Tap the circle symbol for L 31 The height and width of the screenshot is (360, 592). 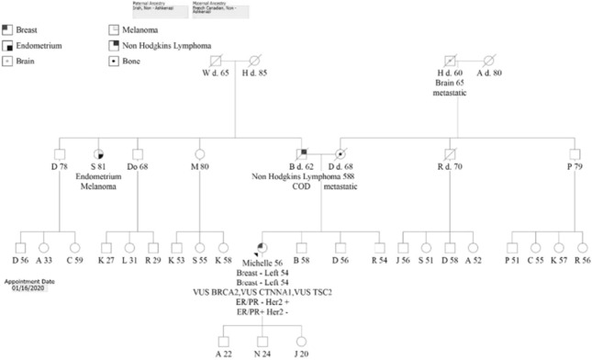point(129,247)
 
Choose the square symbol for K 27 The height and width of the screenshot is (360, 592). point(106,247)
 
